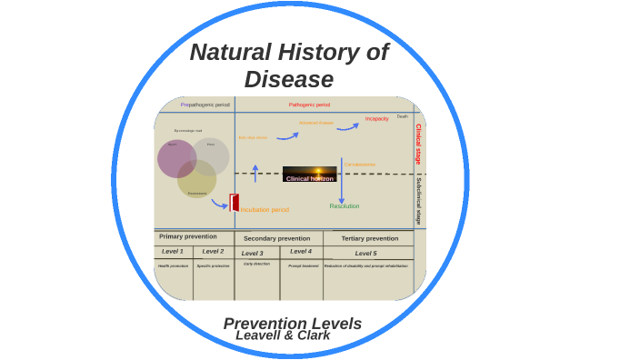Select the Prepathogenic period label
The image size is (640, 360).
[x=205, y=105]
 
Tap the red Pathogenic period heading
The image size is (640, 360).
[x=309, y=105]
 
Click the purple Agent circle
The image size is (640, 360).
[x=176, y=158]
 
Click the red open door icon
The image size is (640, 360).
[x=235, y=203]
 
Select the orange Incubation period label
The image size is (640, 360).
[x=265, y=210]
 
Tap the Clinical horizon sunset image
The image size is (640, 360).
[x=309, y=174]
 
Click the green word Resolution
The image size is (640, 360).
[x=345, y=206]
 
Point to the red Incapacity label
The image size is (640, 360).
[x=376, y=119]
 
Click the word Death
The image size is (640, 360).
[x=402, y=116]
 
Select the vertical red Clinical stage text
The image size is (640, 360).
[x=418, y=144]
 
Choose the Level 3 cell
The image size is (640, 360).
[x=252, y=253]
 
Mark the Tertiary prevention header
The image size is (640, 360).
[x=369, y=238]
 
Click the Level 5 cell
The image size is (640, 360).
[x=365, y=254]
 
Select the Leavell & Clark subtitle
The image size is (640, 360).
[x=283, y=335]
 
